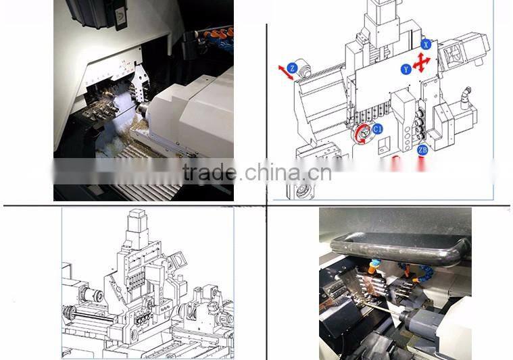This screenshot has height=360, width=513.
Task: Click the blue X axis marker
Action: (425, 44)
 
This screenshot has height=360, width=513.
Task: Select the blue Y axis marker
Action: (405, 69)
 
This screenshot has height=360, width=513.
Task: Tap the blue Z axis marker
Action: (292, 68)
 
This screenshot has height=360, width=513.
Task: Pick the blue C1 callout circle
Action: (377, 128)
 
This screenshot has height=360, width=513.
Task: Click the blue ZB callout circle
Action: (422, 150)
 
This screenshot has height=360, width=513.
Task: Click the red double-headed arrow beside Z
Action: (285, 73)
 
